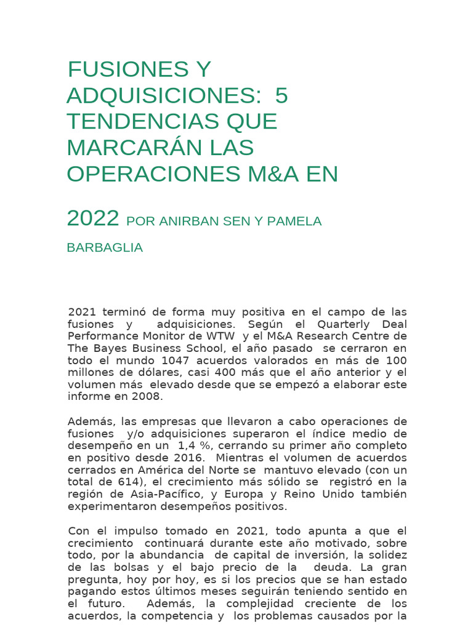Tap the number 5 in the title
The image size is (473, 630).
tap(281, 96)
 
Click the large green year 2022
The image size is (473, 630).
tap(92, 218)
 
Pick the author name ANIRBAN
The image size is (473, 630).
tap(188, 221)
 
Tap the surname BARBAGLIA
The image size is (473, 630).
tap(105, 248)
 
